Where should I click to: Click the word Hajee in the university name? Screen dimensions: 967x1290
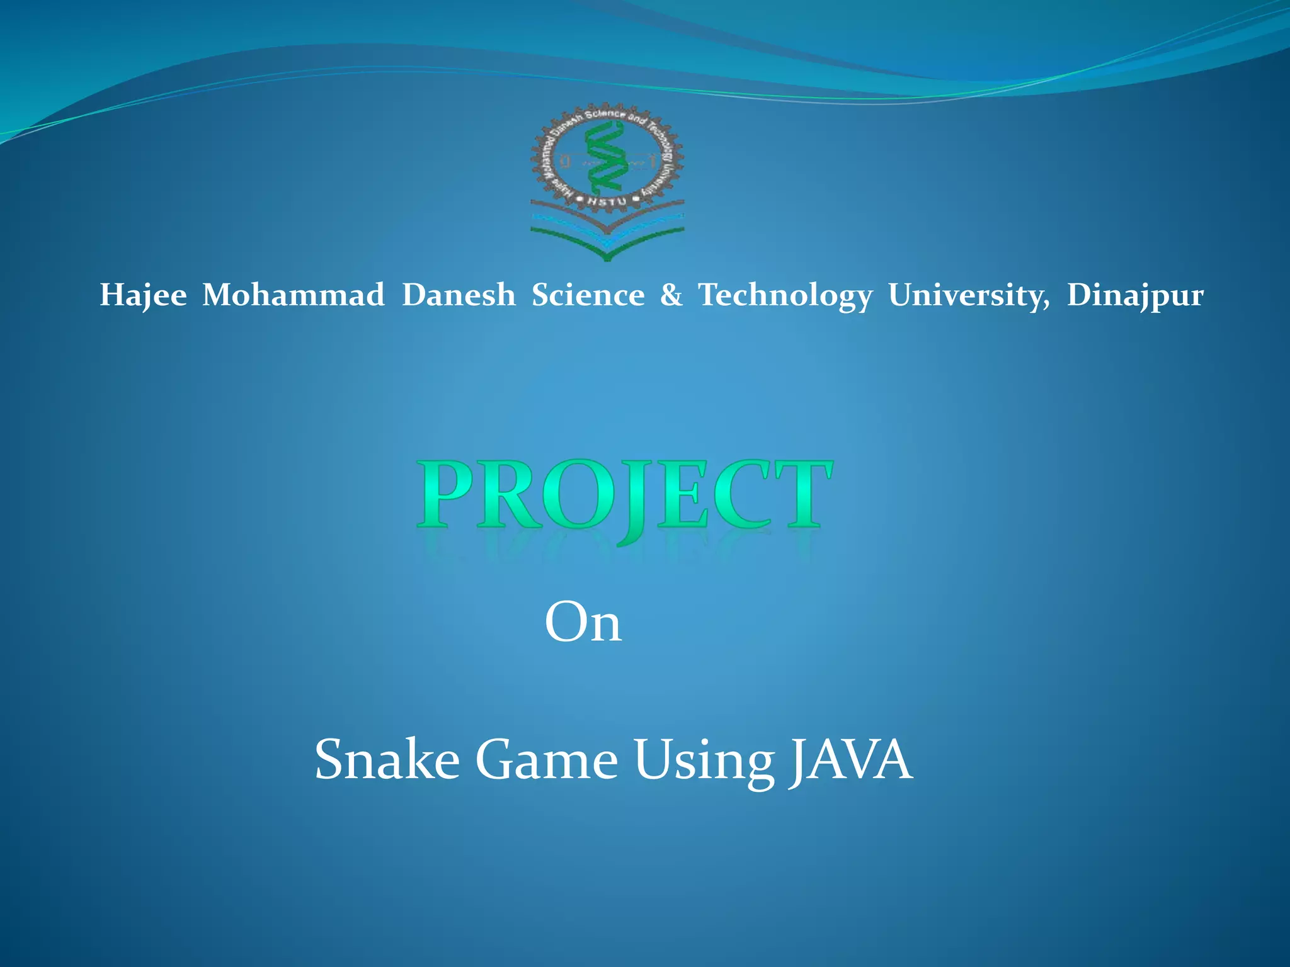click(143, 295)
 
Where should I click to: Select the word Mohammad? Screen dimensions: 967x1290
click(293, 295)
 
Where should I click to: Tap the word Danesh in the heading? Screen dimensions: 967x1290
click(459, 295)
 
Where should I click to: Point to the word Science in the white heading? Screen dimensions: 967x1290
click(588, 295)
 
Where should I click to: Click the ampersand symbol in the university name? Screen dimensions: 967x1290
click(671, 295)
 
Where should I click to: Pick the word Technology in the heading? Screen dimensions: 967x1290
click(785, 295)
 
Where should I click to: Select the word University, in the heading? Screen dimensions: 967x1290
click(969, 295)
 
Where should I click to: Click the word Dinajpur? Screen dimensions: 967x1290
click(1135, 295)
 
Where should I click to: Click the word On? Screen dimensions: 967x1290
click(583, 623)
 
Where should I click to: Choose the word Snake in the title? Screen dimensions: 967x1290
click(387, 760)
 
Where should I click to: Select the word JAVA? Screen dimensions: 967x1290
click(850, 760)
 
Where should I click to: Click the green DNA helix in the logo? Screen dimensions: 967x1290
click(605, 158)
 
